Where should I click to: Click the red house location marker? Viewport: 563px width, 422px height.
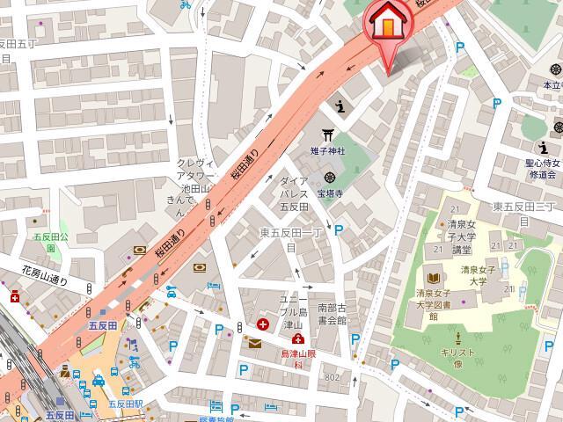385,24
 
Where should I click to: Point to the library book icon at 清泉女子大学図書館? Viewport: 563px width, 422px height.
430,275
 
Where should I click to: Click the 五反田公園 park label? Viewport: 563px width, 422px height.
44,242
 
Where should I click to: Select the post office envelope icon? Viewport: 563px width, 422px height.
255,343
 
